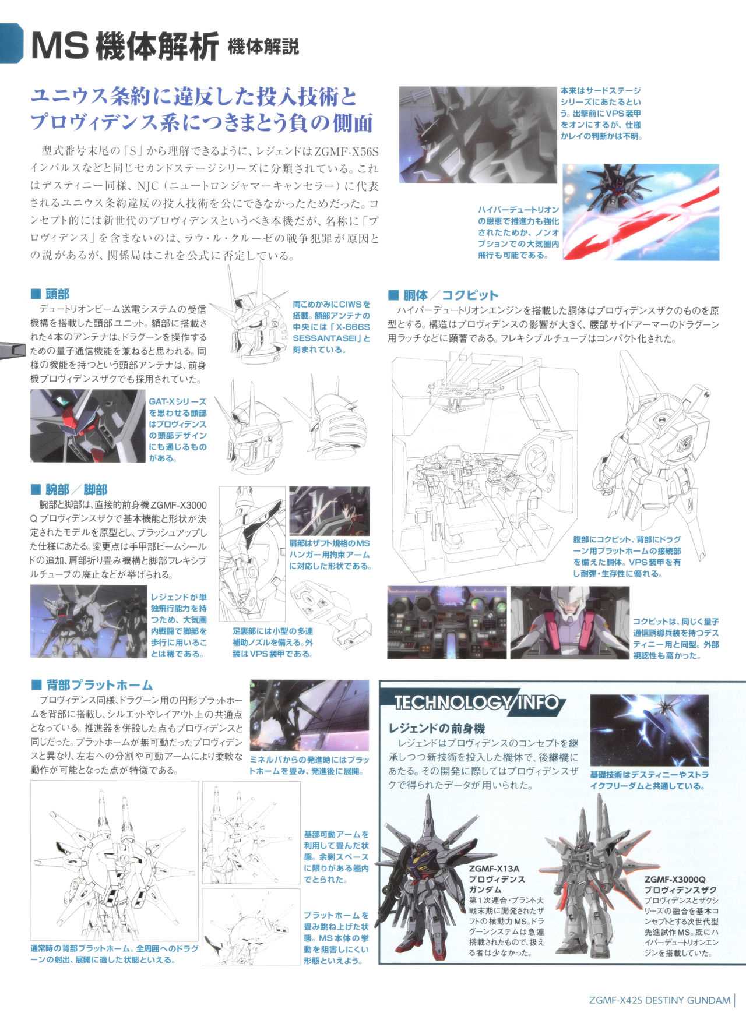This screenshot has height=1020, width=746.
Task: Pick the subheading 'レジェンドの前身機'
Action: [x=437, y=729]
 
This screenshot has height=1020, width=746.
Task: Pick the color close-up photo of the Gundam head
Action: [x=87, y=426]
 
